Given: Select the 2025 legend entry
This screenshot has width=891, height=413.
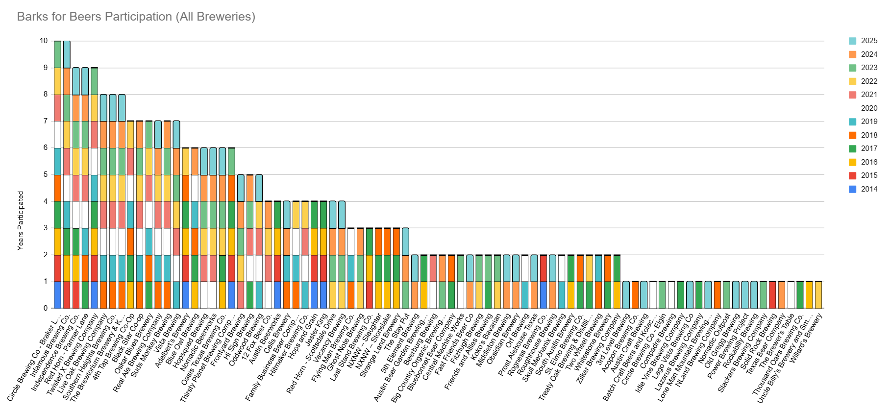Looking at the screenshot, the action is pos(863,41).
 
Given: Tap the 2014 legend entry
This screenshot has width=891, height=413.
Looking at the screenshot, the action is pos(863,189).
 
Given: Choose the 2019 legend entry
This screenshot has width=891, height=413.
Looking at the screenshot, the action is pos(863,121).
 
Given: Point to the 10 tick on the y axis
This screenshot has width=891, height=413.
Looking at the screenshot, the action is pos(44,41).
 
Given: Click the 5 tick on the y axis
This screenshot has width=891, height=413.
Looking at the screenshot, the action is pos(46,174).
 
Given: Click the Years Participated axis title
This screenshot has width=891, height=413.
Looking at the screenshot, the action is pos(21,220).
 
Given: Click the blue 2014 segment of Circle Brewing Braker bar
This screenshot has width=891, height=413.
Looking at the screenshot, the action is pos(58,295).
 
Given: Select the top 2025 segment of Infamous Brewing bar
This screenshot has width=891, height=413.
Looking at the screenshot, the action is pos(67,54).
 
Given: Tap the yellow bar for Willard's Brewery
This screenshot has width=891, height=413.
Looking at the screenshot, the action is pos(818,295).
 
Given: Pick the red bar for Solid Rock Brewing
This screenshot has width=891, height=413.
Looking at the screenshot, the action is pos(772,295).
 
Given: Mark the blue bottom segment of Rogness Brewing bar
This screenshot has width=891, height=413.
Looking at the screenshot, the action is pos(544,295).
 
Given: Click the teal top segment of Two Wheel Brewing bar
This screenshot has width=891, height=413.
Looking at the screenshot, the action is pos(598,268).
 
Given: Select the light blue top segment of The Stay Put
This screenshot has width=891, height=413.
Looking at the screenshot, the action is pos(405,242).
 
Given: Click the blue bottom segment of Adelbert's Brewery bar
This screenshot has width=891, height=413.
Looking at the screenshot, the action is pos(186,295).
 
